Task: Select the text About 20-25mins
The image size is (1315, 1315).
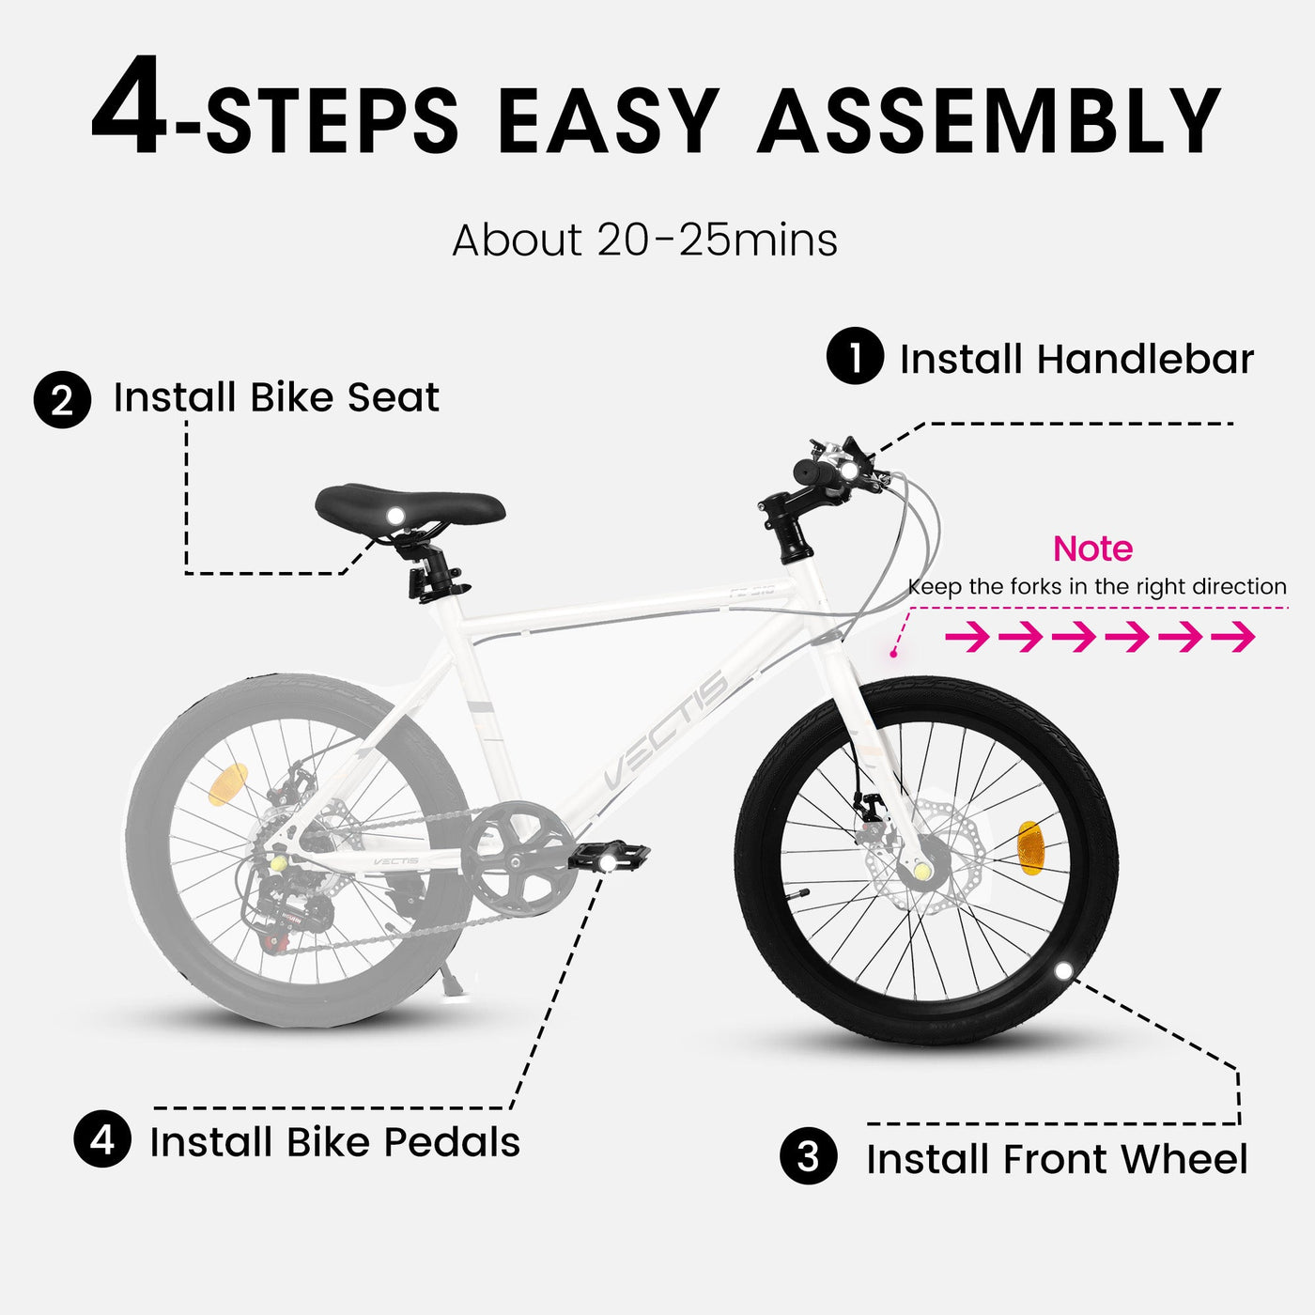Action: (644, 240)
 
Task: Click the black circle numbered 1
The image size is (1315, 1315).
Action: (855, 356)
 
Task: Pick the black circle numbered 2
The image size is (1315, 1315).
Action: (62, 400)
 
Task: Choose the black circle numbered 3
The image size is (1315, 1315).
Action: (808, 1156)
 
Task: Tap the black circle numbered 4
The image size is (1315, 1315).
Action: (102, 1139)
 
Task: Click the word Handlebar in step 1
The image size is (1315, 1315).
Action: (1145, 359)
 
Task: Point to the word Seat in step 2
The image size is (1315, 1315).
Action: (393, 397)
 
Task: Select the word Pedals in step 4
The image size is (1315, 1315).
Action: (452, 1142)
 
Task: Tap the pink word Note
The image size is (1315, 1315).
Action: (1092, 549)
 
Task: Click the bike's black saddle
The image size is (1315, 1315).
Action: (410, 506)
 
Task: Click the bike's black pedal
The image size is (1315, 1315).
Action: (609, 857)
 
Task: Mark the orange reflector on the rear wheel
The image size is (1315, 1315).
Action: (227, 784)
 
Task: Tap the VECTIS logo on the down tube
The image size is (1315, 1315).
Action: (665, 731)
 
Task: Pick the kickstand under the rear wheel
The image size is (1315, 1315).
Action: (448, 977)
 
